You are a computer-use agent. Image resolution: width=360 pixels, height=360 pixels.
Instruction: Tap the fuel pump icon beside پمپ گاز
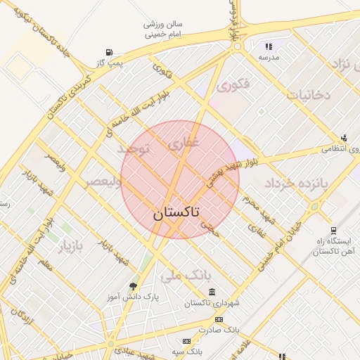pyautogui.click(x=108, y=52)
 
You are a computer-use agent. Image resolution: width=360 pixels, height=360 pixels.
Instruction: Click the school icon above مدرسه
pyautogui.click(x=269, y=46)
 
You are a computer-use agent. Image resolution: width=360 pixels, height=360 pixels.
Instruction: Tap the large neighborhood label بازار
pyautogui.click(x=70, y=246)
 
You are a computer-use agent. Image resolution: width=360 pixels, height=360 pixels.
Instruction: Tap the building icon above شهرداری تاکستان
pyautogui.click(x=212, y=292)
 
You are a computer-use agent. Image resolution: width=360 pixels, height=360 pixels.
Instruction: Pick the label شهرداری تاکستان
pyautogui.click(x=212, y=303)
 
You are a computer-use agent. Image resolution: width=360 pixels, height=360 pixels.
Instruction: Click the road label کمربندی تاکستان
pyautogui.click(x=71, y=96)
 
